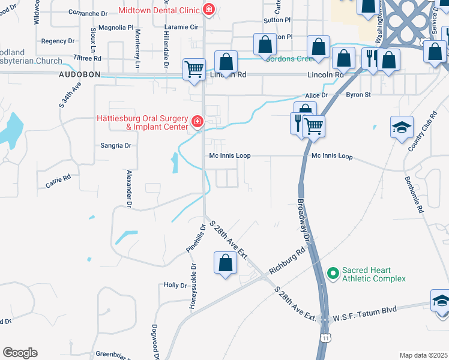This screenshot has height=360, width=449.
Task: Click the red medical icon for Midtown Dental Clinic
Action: (208, 10)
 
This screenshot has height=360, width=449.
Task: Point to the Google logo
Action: (20, 353)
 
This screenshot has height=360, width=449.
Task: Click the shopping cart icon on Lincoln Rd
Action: (194, 69)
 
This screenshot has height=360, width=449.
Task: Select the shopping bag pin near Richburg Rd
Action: (224, 262)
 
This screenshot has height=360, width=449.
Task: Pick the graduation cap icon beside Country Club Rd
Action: (402, 127)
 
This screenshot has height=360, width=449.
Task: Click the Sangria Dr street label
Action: (116, 146)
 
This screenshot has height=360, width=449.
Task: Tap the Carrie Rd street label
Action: (58, 181)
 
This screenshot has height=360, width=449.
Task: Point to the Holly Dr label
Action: (176, 285)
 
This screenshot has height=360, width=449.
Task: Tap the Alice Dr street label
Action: (316, 95)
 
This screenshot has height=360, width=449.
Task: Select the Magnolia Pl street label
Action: (116, 28)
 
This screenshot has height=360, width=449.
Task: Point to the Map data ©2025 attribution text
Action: (423, 355)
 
